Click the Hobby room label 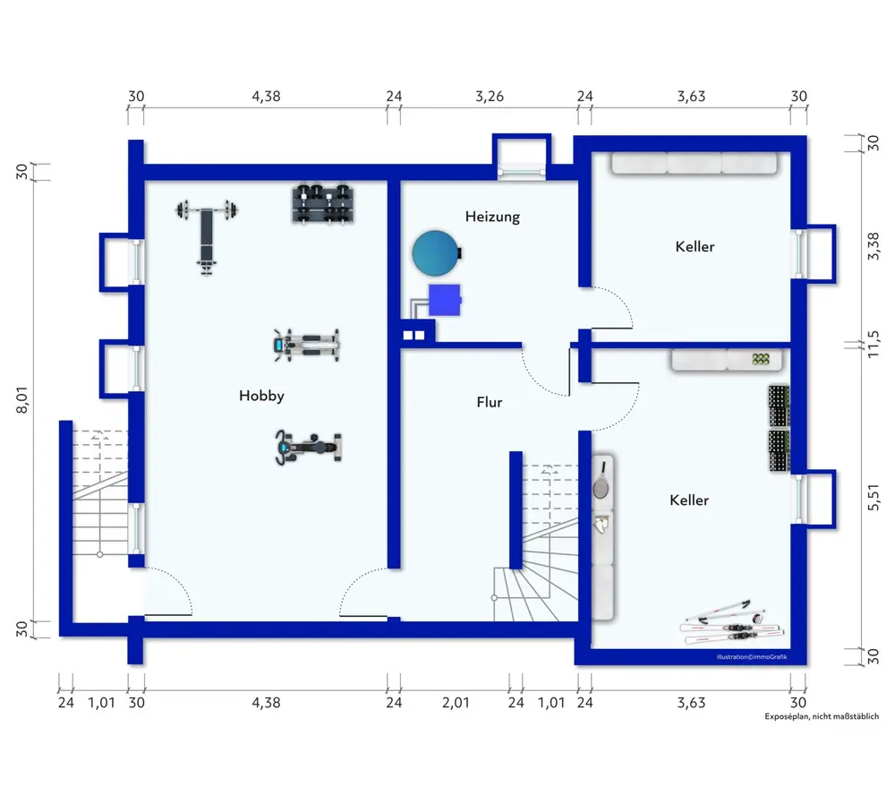click(x=261, y=396)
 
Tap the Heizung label click(x=492, y=217)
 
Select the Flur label click(x=490, y=402)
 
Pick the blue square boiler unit click(x=445, y=300)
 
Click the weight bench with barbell click(x=207, y=235)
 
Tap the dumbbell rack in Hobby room click(x=324, y=202)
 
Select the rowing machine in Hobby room click(x=306, y=345)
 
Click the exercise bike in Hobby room click(x=308, y=447)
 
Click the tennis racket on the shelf click(x=601, y=480)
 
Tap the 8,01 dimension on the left click(x=21, y=399)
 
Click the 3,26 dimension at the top click(x=490, y=97)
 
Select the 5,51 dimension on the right click(x=874, y=498)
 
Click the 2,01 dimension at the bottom click(x=456, y=703)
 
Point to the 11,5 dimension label click(x=874, y=345)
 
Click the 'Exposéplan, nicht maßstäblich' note click(x=822, y=716)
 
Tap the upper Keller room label click(x=695, y=247)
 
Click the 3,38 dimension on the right click(x=874, y=246)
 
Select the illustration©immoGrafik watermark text click(x=752, y=657)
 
